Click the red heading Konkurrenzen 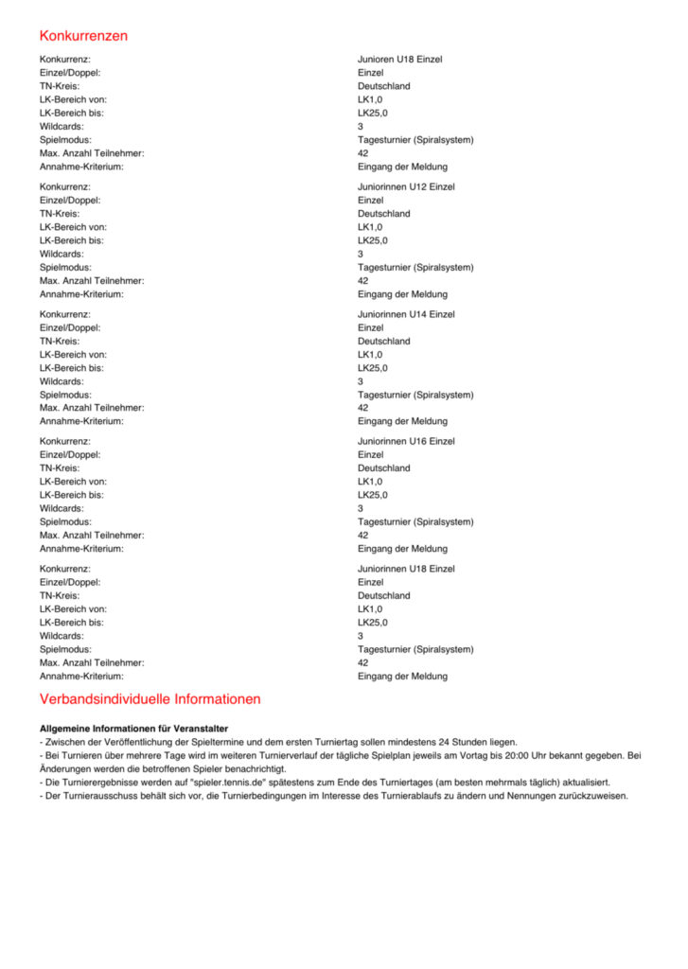83,36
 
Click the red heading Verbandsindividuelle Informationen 150,699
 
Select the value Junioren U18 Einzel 399,60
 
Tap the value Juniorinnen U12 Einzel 406,186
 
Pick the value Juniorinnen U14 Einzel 406,314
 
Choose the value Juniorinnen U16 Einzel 406,441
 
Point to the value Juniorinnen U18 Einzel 406,569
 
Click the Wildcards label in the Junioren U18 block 61,126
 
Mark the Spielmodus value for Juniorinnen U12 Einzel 415,267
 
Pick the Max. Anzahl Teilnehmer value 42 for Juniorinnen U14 362,408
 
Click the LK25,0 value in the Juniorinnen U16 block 372,495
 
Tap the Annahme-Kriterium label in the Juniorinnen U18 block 81,677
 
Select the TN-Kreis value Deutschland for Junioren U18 383,86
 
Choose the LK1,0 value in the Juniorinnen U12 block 370,227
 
